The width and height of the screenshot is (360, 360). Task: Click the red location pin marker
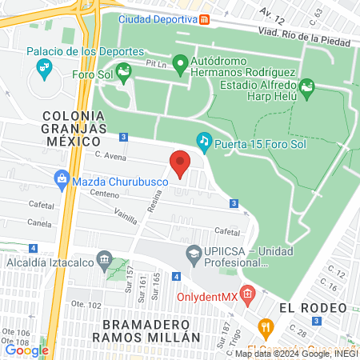click(180, 163)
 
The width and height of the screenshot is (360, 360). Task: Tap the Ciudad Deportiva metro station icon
click(206, 19)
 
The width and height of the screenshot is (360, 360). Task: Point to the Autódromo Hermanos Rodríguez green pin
click(180, 62)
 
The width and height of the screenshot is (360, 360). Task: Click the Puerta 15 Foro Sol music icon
click(204, 142)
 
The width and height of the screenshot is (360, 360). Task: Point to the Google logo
click(26, 349)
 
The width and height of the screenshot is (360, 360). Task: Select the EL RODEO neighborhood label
click(313, 308)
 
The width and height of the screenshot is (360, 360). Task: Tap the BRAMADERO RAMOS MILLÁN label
click(150, 330)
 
